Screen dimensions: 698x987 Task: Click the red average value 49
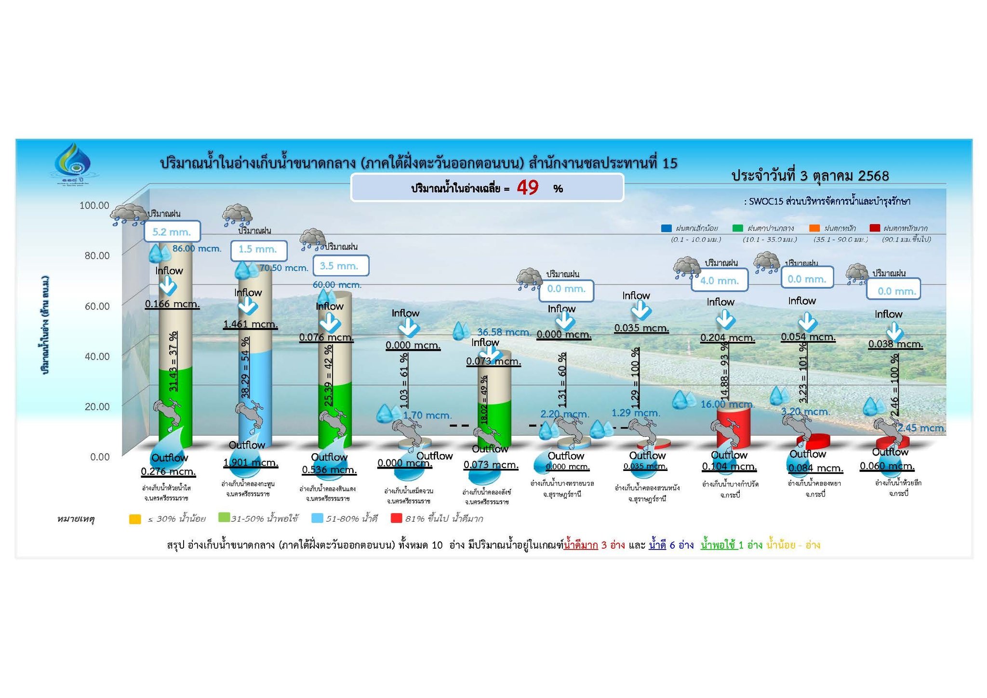[x=528, y=188]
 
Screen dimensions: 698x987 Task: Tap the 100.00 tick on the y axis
[x=94, y=205]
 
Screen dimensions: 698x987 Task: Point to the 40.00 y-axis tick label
[x=97, y=356]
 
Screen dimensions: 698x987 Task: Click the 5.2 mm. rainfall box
[x=172, y=232]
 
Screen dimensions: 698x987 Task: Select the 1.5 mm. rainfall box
[x=258, y=249]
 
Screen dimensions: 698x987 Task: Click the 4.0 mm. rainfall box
[x=720, y=281]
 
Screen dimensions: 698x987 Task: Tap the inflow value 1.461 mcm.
[x=250, y=324]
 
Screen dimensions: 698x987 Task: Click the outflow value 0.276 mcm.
[x=168, y=471]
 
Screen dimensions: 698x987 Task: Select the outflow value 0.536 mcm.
[x=329, y=470]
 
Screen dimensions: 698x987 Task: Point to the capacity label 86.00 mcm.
[x=197, y=249]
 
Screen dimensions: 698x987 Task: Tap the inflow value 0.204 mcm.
[x=728, y=337]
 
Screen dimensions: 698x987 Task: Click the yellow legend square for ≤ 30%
[x=135, y=519]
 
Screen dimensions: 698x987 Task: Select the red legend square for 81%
[x=396, y=518]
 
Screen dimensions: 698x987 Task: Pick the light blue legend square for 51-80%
[x=317, y=518]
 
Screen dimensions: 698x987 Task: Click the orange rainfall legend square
[x=814, y=228]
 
